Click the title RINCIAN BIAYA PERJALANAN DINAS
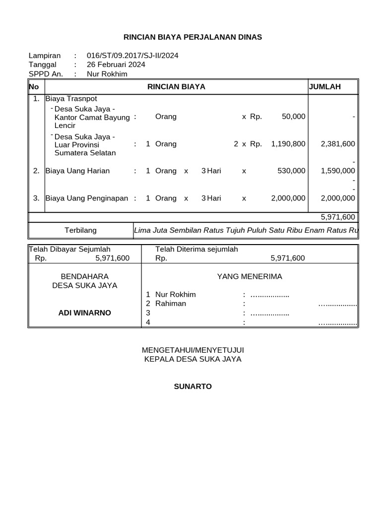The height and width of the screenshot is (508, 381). pos(192,37)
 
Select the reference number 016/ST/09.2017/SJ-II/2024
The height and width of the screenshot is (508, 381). pos(132,56)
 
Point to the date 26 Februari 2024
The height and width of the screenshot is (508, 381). pos(116,64)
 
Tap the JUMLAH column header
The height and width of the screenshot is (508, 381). pos(325,87)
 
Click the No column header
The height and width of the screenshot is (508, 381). pos(34,87)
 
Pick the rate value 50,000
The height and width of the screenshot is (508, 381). pos(294,117)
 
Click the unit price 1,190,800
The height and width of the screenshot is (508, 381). pos(288,144)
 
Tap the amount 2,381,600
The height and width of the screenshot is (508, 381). pos(338,144)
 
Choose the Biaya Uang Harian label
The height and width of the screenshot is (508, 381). pos(77,171)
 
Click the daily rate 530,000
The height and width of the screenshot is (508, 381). pos(291,171)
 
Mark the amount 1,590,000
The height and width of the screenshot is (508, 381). pos(338,171)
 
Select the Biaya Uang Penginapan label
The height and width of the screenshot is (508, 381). pos(87,198)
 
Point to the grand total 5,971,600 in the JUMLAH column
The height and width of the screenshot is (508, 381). pos(338,217)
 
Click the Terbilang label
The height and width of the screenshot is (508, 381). pos(81,230)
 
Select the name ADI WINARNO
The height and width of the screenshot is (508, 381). pos(85,313)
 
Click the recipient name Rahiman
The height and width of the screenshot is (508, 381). pos(171,303)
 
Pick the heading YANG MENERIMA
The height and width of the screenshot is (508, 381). pos(250,276)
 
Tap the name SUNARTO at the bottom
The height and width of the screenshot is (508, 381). pos(192,386)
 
